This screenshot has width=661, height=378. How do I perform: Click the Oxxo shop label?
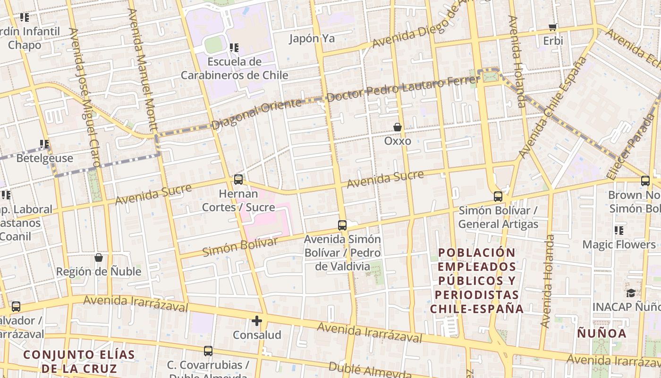point(398,141)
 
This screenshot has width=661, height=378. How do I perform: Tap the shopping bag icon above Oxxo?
point(398,127)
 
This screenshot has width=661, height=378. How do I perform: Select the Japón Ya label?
point(312,39)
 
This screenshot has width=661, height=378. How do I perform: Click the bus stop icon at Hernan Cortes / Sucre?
point(238,180)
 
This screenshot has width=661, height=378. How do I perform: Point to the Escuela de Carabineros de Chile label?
point(235,69)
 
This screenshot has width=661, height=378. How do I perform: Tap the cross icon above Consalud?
point(257,321)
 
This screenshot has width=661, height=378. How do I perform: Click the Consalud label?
point(257,335)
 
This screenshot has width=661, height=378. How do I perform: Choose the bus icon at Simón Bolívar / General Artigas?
point(498,197)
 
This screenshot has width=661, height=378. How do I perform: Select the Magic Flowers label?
point(619,245)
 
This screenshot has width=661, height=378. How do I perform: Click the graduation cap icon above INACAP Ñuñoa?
point(631,293)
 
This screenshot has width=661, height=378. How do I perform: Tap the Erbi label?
point(553,41)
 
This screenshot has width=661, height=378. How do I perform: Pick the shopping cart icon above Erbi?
point(553,27)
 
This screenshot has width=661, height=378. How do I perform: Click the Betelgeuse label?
point(45,158)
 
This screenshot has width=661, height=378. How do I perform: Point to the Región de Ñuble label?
point(99,272)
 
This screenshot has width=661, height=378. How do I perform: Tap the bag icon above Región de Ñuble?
point(99,258)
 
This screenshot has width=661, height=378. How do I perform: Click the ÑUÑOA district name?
point(602,334)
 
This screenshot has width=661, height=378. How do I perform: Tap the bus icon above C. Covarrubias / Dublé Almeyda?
point(208,351)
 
